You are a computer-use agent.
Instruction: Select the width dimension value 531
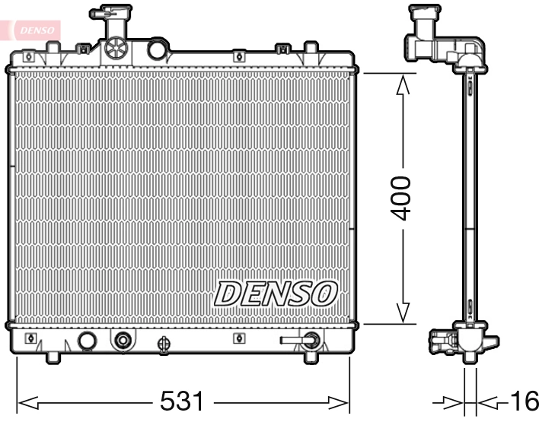click(182, 401)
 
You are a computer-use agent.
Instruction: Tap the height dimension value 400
click(401, 198)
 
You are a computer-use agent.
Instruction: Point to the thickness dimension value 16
click(521, 401)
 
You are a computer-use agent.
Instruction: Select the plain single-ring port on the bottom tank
click(87, 341)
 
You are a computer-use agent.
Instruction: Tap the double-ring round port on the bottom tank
click(121, 341)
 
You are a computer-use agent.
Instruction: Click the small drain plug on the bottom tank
click(162, 344)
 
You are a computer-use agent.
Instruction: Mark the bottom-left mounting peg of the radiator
click(52, 357)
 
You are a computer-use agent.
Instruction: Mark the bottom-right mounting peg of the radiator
click(311, 357)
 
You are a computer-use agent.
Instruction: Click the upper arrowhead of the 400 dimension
click(403, 83)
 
